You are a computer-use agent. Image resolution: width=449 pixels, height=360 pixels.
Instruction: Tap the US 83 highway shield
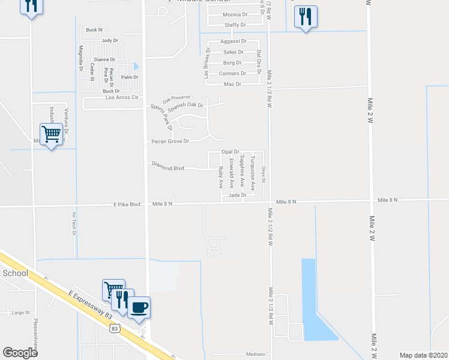116,328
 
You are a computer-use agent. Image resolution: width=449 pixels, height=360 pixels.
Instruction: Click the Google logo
20,353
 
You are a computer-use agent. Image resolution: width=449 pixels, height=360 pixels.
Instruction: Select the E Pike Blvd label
127,204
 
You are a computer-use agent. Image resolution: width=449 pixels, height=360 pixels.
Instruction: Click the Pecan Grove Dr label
169,141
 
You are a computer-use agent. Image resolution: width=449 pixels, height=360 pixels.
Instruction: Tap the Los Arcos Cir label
122,97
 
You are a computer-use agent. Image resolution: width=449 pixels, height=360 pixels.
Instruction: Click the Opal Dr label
231,152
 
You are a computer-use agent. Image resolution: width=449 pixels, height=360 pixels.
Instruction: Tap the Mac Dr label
232,84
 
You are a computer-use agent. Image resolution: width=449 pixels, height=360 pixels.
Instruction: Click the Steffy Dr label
235,25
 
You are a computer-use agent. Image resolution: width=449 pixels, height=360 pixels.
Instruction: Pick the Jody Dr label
110,41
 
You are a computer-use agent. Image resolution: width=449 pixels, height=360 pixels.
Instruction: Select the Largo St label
21,312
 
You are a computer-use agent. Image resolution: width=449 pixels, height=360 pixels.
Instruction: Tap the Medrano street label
255,354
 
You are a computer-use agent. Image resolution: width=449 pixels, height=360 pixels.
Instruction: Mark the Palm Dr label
130,77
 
